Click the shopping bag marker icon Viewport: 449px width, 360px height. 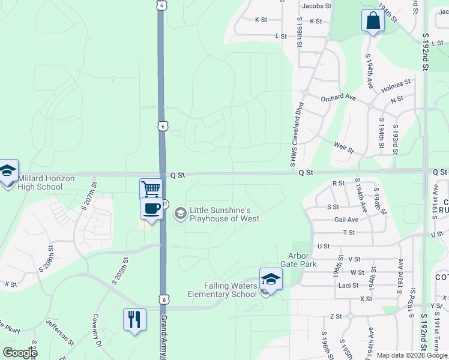click(373, 20)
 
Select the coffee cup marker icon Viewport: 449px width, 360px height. click(151, 209)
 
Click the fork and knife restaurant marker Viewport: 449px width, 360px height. click(134, 319)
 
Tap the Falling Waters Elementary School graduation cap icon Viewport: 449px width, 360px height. click(271, 279)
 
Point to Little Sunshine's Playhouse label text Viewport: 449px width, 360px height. click(227, 214)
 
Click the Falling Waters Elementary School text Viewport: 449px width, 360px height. click(222, 290)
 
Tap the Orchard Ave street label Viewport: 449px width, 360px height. click(339, 98)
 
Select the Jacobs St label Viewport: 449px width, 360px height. click(317, 6)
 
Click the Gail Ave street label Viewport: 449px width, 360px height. click(346, 220)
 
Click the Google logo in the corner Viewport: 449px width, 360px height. click(19, 353)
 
